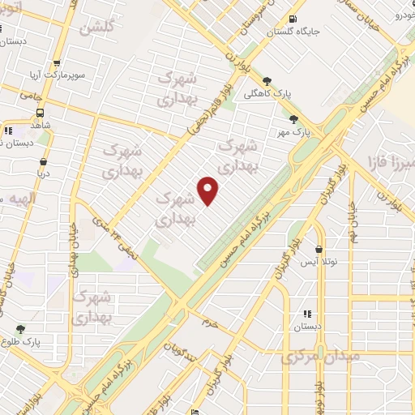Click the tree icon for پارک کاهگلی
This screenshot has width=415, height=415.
click(x=267, y=80)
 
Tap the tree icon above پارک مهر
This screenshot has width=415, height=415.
click(x=281, y=118)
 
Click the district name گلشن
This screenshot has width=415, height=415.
click(x=95, y=28)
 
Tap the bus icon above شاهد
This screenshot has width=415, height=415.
click(x=40, y=113)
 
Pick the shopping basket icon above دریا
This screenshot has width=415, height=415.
click(x=43, y=160)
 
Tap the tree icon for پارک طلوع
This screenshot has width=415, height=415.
click(x=20, y=329)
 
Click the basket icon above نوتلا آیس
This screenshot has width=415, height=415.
click(x=319, y=250)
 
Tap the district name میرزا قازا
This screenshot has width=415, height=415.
click(x=390, y=159)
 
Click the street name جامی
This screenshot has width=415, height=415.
click(x=33, y=95)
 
